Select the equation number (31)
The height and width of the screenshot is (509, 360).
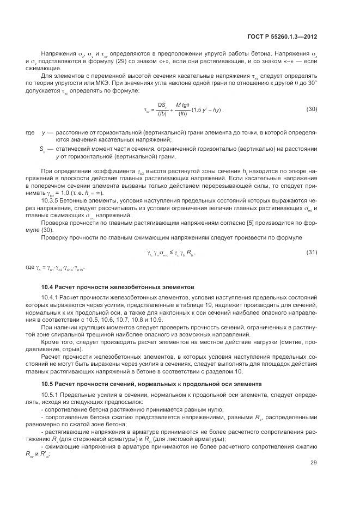[312, 252]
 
